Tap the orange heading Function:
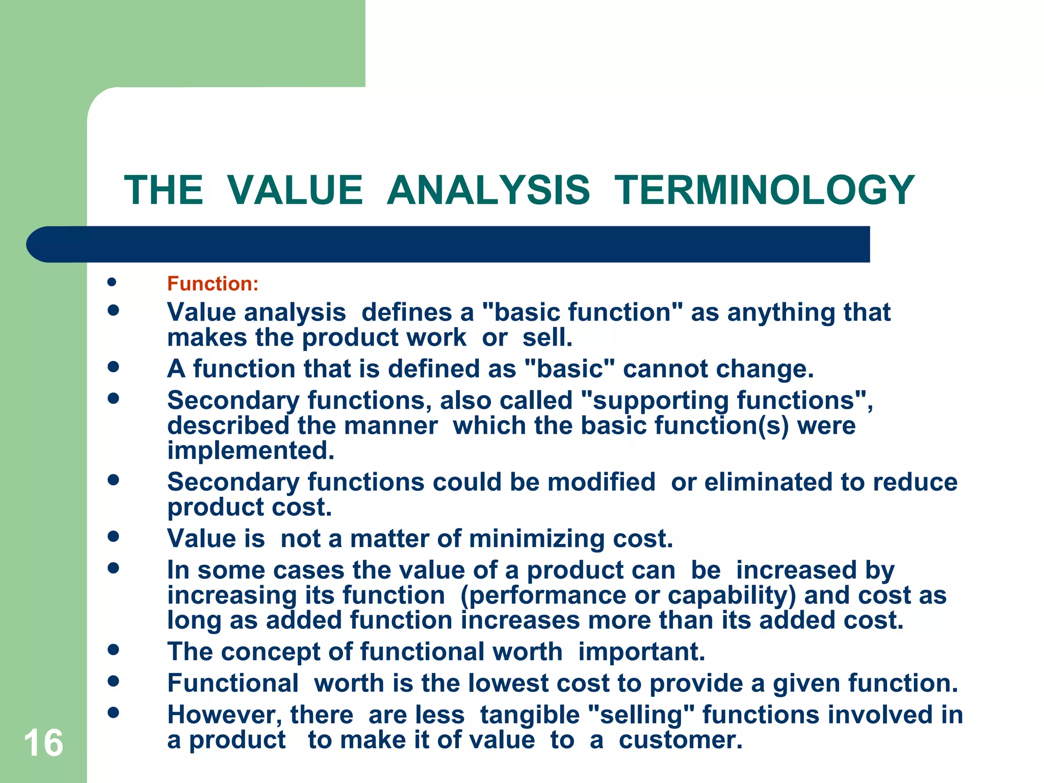pos(213,284)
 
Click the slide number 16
pos(43,743)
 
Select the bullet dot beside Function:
pos(113,282)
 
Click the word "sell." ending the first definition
pos(547,337)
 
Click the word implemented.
pos(251,451)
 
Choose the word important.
pos(641,652)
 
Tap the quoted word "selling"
pos(641,715)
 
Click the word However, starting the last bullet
pos(224,715)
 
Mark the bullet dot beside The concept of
pos(113,649)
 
